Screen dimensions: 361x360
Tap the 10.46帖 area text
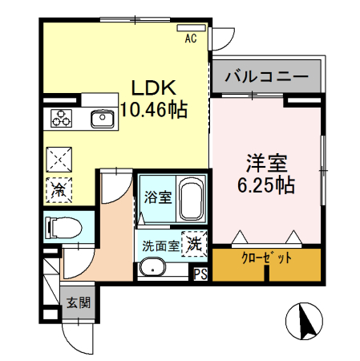(154, 110)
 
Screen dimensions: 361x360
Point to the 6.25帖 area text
(267, 185)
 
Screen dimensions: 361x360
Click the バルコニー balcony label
(267, 77)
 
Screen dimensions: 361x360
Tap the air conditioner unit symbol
(192, 27)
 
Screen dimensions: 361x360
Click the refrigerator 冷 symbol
(59, 190)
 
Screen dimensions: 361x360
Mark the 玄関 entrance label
(79, 303)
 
